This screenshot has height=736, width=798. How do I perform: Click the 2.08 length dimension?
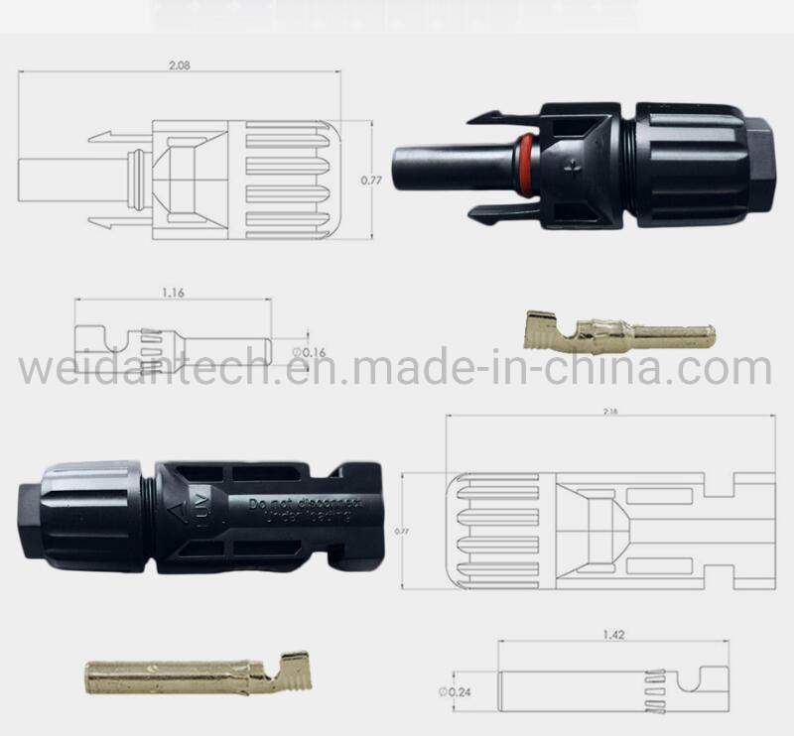[x=180, y=63]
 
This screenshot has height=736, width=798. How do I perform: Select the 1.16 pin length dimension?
[x=173, y=293]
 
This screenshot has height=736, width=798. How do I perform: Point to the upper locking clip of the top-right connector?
[x=501, y=118]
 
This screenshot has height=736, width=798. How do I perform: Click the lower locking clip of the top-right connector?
[x=501, y=210]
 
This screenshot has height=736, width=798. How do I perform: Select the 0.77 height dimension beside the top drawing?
[x=370, y=181]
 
